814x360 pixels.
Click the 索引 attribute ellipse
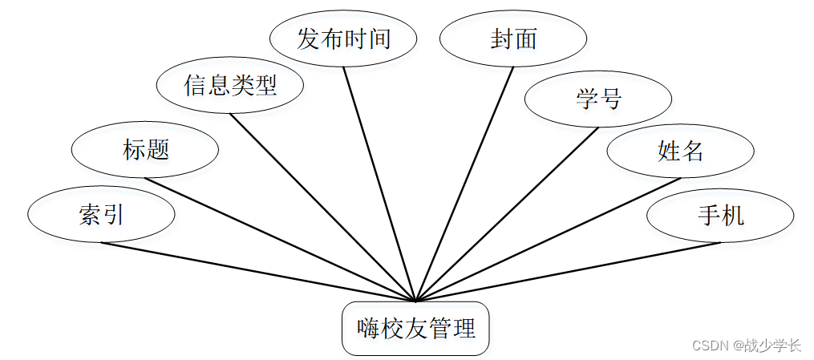101,215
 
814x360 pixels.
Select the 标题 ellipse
145,149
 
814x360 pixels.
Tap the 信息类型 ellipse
230,85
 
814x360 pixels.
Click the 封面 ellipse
513,38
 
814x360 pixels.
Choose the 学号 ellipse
597,99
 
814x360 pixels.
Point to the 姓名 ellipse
680,150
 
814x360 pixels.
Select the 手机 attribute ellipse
720,215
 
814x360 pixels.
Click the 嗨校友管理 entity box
415,328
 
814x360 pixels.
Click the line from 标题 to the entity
280,240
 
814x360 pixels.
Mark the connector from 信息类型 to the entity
322,207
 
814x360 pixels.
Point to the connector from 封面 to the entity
464,183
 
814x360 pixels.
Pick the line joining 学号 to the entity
506,214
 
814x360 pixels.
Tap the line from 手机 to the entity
568,272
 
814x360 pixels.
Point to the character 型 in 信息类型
265,85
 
